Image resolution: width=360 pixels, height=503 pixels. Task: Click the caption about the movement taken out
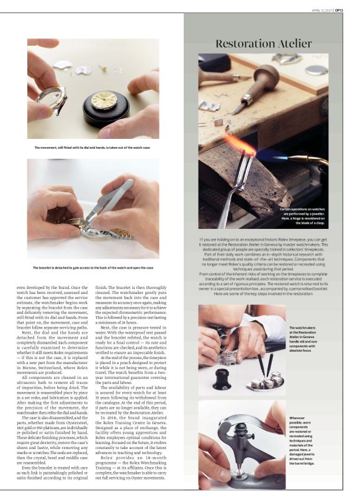pyautogui.click(x=92, y=148)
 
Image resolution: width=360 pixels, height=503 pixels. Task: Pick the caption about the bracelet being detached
pyautogui.click(x=93, y=267)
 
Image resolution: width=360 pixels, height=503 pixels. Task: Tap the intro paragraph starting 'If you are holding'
pyautogui.click(x=263, y=266)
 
